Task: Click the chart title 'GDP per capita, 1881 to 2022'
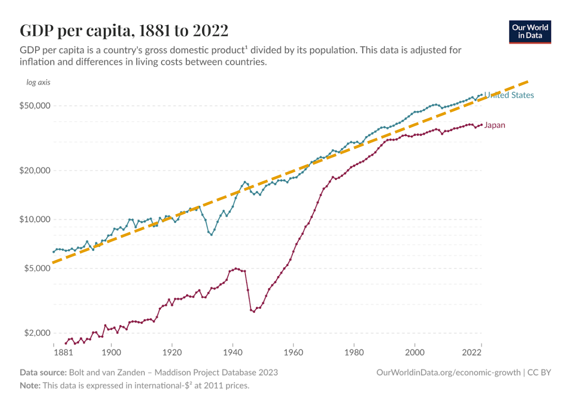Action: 124,30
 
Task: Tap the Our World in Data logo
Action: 530,32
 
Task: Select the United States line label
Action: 509,95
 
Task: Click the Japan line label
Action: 495,125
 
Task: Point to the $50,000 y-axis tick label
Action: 35,106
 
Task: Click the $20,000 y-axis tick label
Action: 35,170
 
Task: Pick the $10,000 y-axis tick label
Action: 35,219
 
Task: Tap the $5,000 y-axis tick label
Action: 37,268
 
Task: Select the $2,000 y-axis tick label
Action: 37,333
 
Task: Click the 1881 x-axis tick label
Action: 63,353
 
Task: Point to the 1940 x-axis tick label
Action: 233,353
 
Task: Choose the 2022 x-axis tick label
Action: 471,353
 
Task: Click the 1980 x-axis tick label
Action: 354,353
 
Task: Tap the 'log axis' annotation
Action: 38,82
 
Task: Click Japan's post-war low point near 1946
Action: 254,311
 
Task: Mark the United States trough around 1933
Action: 211,235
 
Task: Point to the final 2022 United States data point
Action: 481,95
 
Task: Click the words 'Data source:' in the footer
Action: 43,373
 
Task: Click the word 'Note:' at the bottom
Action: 30,386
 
